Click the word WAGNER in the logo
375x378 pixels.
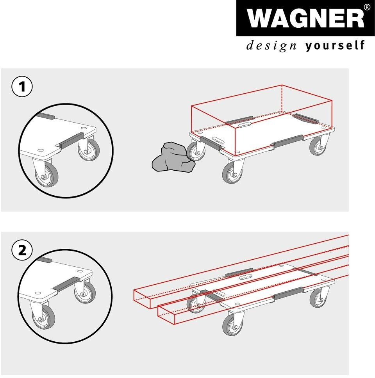coord(305,19)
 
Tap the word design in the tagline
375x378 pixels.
coord(271,46)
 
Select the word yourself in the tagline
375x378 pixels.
coord(335,45)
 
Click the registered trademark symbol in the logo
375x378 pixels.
coord(367,7)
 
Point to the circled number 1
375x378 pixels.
coord(22,87)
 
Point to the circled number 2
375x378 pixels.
coord(22,250)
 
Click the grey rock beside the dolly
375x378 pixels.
coord(173,157)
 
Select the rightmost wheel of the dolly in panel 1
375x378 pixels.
coord(319,146)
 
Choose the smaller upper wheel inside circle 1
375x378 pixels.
coord(89,150)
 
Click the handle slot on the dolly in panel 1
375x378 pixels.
coord(245,125)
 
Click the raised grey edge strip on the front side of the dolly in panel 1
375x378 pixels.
coord(288,141)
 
